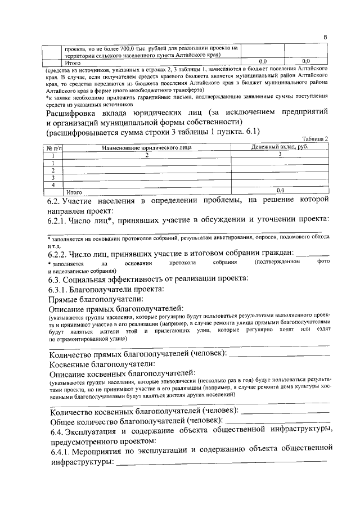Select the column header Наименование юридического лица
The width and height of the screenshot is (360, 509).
[147, 147]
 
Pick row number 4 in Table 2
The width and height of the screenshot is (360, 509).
[53, 184]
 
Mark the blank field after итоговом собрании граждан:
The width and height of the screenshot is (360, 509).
[313, 254]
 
